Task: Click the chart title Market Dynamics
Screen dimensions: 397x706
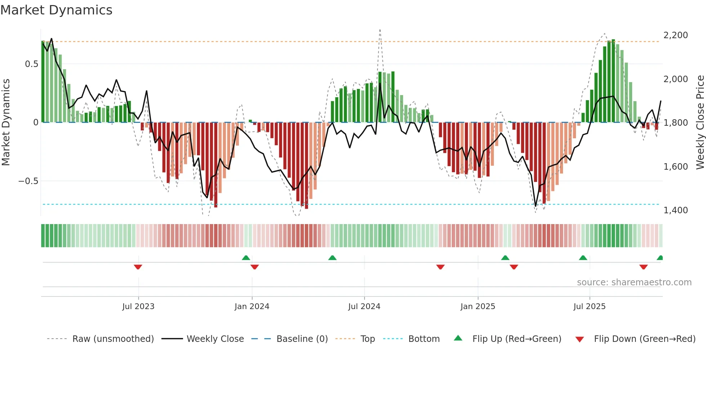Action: click(x=56, y=10)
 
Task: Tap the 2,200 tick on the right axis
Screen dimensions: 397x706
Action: click(x=675, y=35)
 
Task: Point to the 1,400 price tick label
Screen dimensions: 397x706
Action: click(x=675, y=210)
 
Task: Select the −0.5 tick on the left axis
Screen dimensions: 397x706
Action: click(x=28, y=181)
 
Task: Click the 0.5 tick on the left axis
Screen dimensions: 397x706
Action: click(x=31, y=64)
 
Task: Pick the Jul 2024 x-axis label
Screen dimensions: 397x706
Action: click(x=364, y=307)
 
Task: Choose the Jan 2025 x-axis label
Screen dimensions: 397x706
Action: click(x=478, y=307)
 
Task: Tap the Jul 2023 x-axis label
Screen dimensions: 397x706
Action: click(x=138, y=307)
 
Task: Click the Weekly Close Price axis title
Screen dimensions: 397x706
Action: click(x=700, y=122)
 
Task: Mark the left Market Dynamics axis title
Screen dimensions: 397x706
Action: click(x=6, y=122)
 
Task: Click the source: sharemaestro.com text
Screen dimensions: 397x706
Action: click(x=634, y=282)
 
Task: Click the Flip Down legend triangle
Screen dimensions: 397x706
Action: click(x=580, y=339)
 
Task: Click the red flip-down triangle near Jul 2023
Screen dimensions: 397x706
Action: click(x=138, y=267)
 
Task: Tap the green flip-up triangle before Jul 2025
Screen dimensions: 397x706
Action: click(x=583, y=258)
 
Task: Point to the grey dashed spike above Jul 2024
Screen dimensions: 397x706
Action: click(x=380, y=32)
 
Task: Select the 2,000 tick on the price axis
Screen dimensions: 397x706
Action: click(x=675, y=79)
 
